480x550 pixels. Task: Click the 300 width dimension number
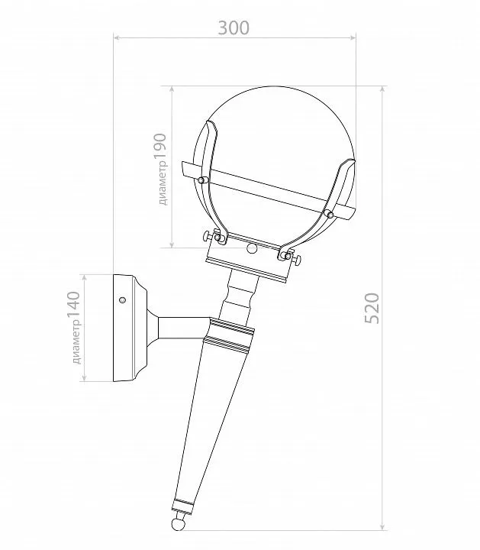pos(234,28)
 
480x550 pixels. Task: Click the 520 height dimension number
pos(372,309)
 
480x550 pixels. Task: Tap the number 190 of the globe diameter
pos(160,149)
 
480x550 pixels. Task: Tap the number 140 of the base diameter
pos(74,306)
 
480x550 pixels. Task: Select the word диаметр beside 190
pos(162,186)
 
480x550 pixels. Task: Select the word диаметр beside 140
pos(76,344)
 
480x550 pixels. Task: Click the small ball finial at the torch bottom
pos(178,525)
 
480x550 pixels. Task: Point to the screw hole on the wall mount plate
pos(122,300)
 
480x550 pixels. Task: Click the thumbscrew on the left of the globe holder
pos(208,236)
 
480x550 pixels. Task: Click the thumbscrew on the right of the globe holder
pos(295,259)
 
